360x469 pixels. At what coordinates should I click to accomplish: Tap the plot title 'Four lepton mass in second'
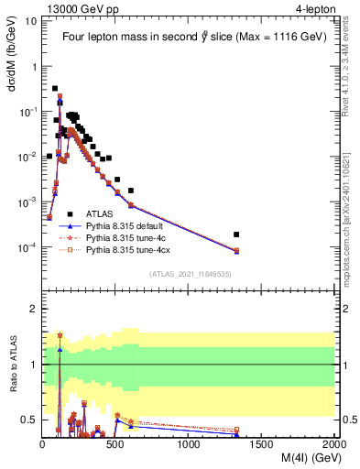click(128, 37)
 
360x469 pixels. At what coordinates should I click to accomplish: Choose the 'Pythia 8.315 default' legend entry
click(127, 224)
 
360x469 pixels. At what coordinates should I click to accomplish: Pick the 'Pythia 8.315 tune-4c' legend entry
click(127, 236)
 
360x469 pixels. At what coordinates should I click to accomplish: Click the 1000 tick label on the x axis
click(189, 445)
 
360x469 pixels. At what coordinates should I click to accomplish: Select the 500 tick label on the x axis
click(115, 445)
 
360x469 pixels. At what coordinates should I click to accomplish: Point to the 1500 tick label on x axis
click(262, 445)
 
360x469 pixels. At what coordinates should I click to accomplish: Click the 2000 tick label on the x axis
click(333, 445)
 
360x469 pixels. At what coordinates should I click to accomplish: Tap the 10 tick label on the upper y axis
click(30, 20)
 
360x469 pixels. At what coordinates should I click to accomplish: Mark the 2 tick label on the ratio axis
click(32, 309)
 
